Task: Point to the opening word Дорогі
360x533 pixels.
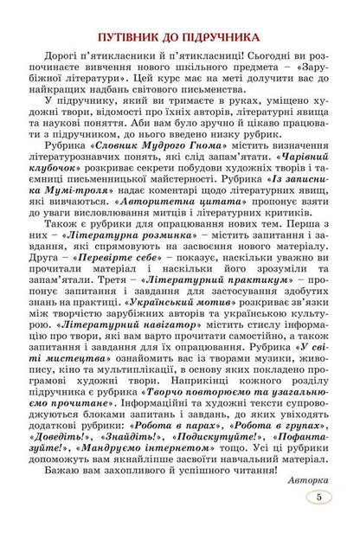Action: [x=80, y=63]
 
